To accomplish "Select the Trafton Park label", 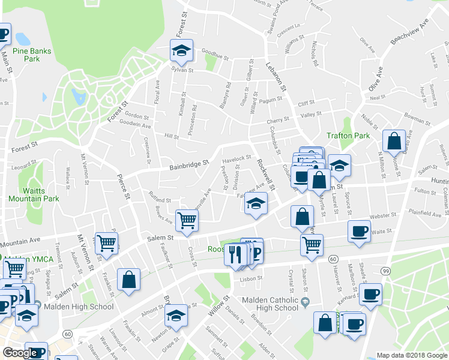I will click(x=348, y=136).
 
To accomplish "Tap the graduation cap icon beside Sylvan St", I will click(x=181, y=52).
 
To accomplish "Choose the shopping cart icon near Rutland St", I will click(x=187, y=220).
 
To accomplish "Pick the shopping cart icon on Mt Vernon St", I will click(x=106, y=244).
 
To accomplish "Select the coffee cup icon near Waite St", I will click(x=359, y=231).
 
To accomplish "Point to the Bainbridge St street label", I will click(x=188, y=163).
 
